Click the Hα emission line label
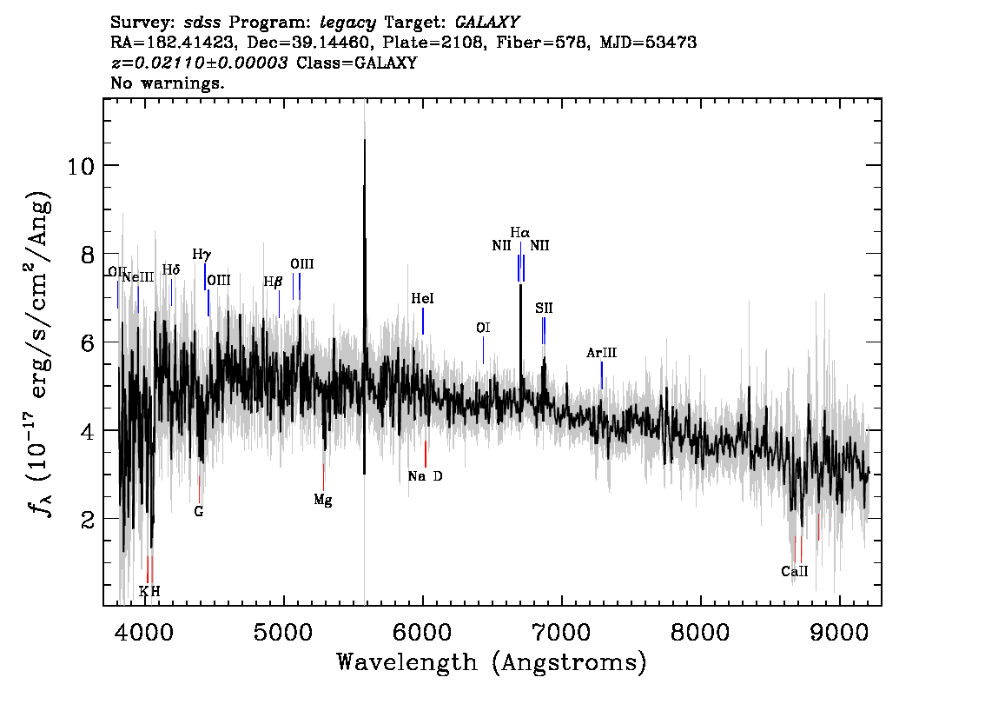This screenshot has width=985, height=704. pos(519,233)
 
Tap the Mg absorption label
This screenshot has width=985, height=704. pos(323,501)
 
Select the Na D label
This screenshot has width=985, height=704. pos(426,476)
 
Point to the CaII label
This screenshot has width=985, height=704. pos(795,571)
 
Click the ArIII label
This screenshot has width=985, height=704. pos(601,353)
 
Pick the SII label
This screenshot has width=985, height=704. pos(544,308)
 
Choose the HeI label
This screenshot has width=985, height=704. pos(423,299)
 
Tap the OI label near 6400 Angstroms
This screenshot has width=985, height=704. pos(482,328)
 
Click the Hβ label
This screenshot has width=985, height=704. pos(274,282)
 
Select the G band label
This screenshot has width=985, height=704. pos(199,512)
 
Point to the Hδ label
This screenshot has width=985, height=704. pos(171,269)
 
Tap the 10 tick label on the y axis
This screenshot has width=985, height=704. pos(81,167)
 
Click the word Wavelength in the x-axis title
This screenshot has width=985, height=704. pos(407,662)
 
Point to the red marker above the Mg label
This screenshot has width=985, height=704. pos(323,478)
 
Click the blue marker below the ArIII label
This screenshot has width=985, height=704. pos(602,375)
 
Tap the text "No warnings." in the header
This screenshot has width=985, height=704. pos(167,83)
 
